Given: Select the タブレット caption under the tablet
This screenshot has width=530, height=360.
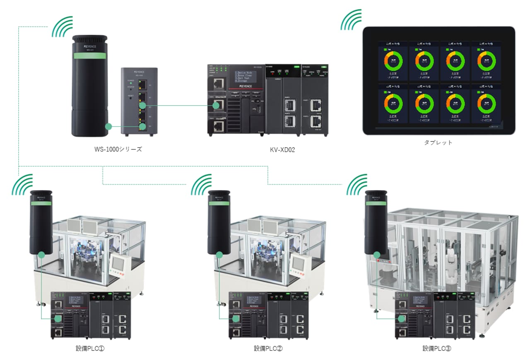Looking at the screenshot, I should pyautogui.click(x=438, y=142).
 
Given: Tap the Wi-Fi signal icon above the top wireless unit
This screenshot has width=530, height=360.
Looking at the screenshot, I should pyautogui.click(x=63, y=27).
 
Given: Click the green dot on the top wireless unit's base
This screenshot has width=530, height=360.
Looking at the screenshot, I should pyautogui.click(x=108, y=126).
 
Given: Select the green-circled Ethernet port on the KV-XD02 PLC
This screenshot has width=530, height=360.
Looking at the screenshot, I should pyautogui.click(x=216, y=106).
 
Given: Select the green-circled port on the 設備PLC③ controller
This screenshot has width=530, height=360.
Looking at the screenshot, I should pyautogui.click(x=401, y=319).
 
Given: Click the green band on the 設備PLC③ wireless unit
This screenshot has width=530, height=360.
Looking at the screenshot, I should pyautogui.click(x=376, y=203).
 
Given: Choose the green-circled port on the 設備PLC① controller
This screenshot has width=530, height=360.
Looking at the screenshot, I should pyautogui.click(x=58, y=319).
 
